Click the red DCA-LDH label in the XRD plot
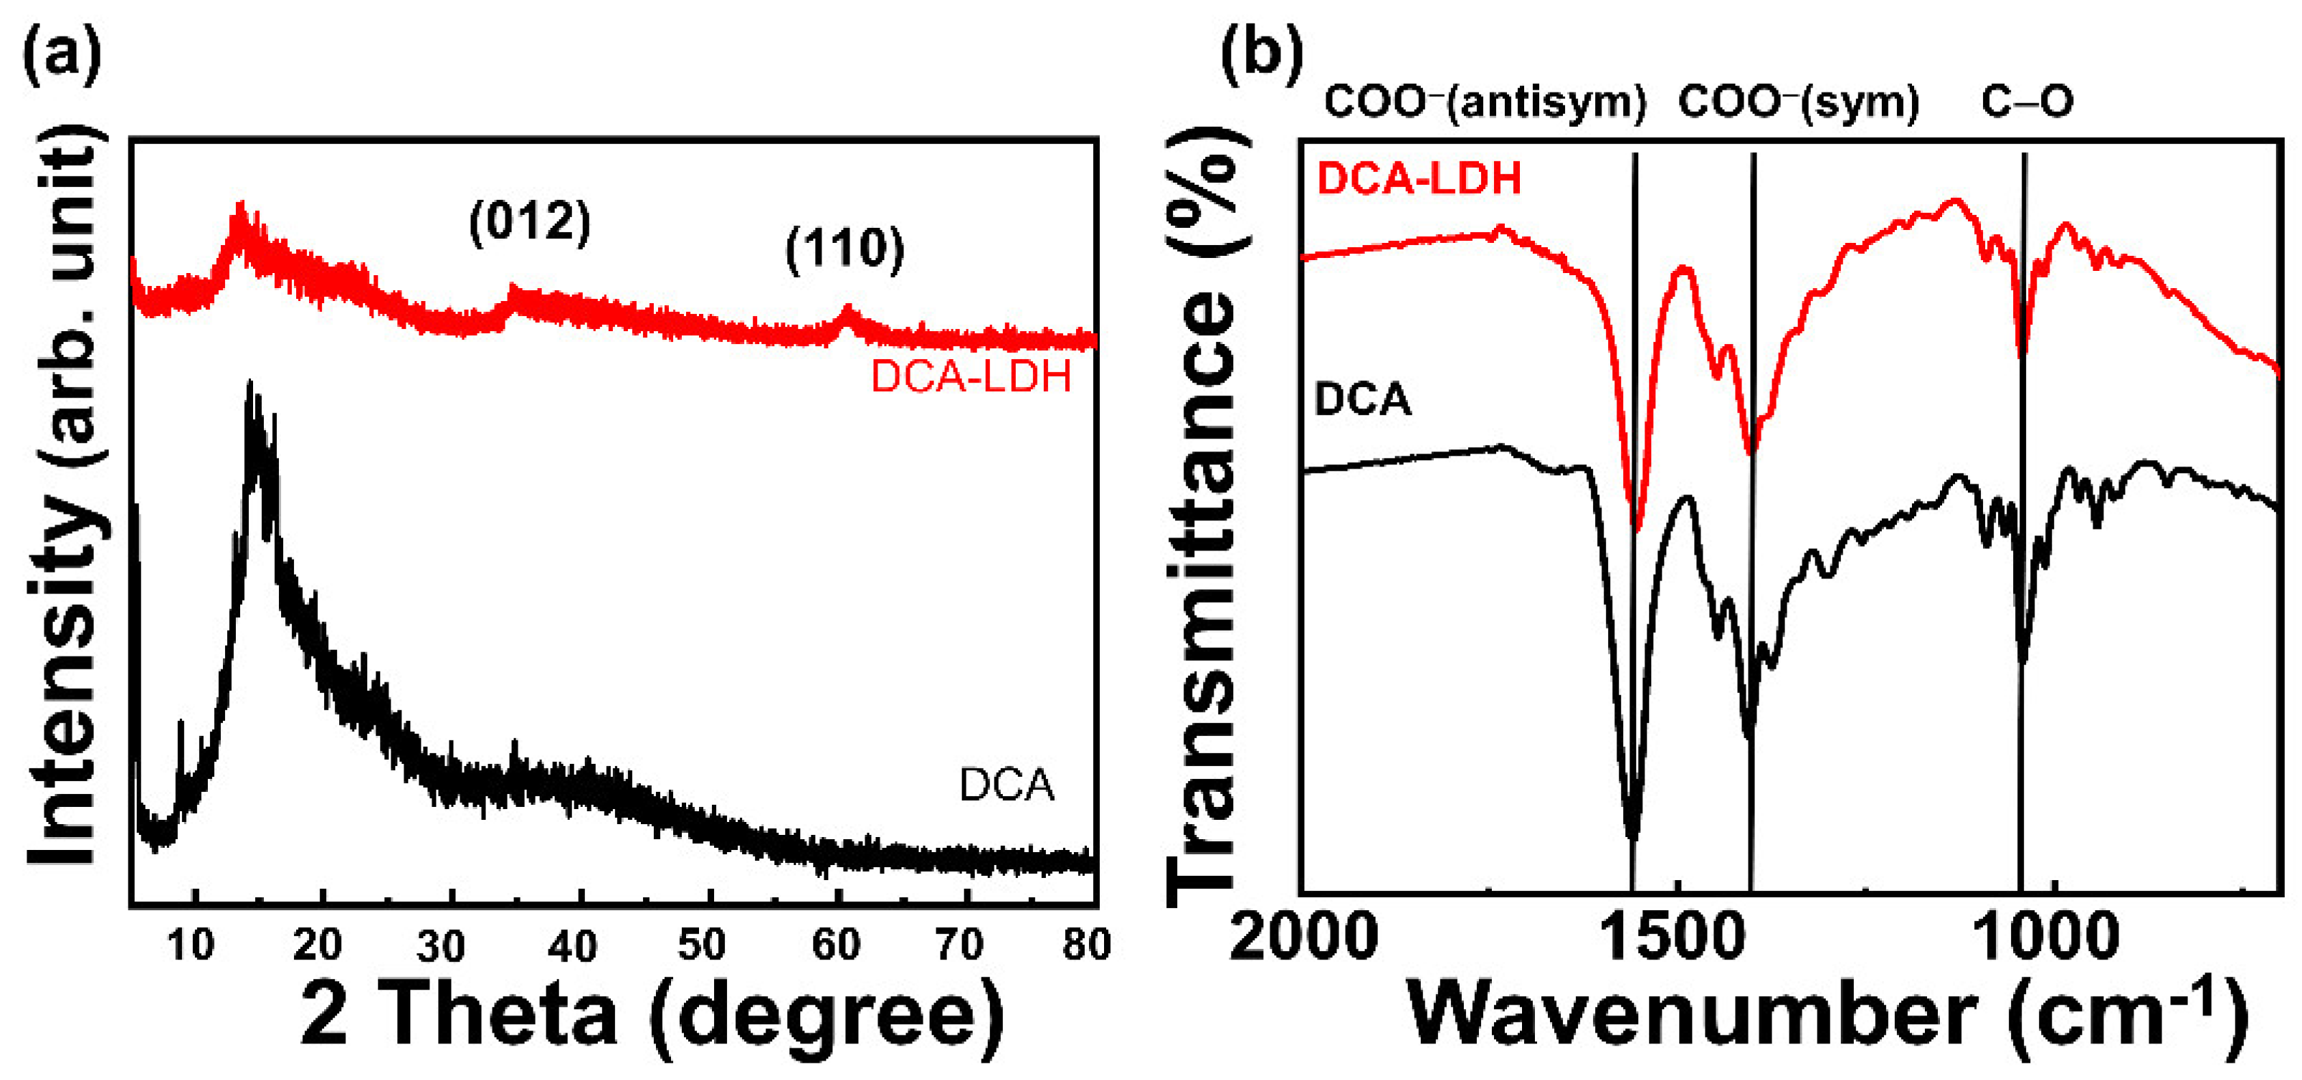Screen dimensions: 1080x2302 point(971,377)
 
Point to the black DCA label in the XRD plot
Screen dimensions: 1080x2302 point(1007,785)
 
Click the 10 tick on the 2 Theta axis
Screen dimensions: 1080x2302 point(191,945)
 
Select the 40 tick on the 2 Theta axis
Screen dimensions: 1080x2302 point(572,945)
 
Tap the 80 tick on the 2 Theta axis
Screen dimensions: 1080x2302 point(1086,945)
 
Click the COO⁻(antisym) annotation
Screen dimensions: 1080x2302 point(1484,102)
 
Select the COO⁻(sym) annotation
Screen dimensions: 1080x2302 point(1798,102)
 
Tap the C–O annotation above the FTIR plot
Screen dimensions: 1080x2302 point(2027,102)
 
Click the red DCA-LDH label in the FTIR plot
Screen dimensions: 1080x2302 point(1419,178)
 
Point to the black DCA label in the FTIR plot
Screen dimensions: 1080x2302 point(1362,399)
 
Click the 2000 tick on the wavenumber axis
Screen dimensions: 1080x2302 point(1303,938)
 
